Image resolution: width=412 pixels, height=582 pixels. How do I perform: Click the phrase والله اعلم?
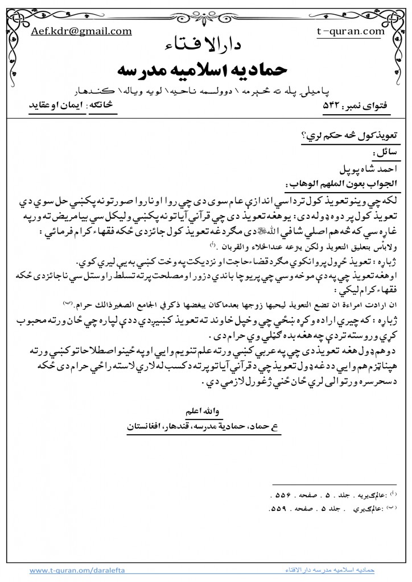pyautogui.click(x=208, y=410)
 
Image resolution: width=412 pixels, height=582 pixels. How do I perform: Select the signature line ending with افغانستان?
pyautogui.click(x=208, y=424)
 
